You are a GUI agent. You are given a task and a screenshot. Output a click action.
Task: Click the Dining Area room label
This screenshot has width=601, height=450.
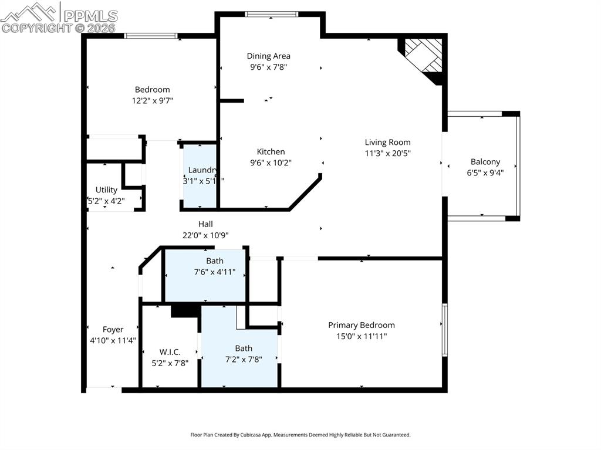coord(268,56)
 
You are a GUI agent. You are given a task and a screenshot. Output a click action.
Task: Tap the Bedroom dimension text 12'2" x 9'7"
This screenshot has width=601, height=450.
coord(153,100)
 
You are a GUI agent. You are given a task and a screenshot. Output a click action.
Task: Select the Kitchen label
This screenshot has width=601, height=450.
coord(271,152)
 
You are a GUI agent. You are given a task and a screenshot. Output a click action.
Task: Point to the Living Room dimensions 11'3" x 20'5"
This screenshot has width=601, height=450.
coord(387,153)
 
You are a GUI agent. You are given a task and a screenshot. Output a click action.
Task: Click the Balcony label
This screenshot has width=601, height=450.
coord(485,162)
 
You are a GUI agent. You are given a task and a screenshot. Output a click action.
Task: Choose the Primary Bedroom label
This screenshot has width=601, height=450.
coord(361,325)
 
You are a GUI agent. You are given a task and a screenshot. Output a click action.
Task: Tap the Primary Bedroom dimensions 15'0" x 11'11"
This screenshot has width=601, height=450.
coord(361,336)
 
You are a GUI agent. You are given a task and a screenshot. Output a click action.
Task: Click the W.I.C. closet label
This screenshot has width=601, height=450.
coord(170,352)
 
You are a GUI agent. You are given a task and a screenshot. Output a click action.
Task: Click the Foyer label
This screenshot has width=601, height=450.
coord(113,330)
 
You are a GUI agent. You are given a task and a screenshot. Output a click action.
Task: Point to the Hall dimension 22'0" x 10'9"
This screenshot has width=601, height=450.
coord(205,235)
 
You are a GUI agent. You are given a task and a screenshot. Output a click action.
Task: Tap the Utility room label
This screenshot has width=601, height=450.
coord(106,190)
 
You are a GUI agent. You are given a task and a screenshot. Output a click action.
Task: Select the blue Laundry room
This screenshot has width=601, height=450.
coord(200,176)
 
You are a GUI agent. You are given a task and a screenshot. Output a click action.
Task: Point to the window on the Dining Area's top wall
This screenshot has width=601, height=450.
coord(272,15)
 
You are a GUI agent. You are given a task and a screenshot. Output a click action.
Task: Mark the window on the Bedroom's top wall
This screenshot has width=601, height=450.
coord(151,36)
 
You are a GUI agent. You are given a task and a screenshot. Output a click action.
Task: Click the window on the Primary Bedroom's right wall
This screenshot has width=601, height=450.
coord(444,329)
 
